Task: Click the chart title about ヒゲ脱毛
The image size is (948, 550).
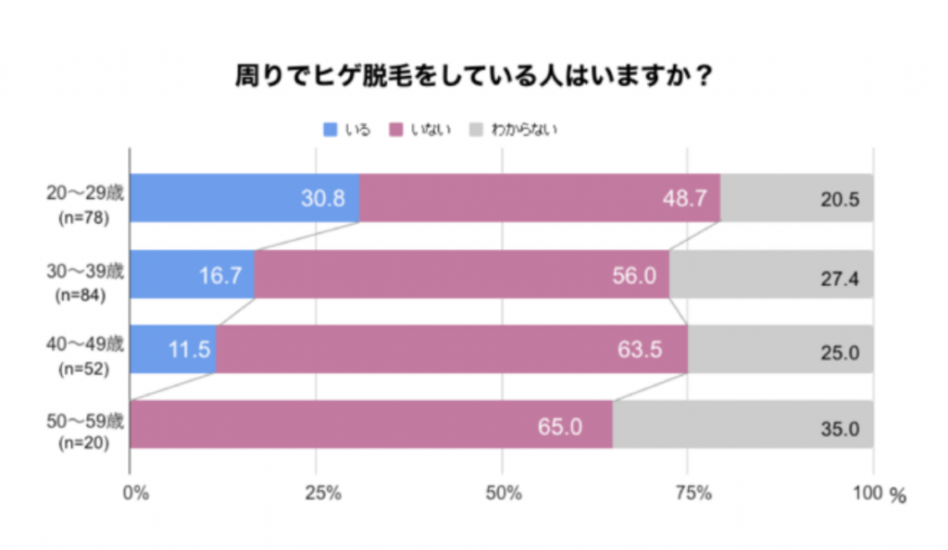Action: [474, 75]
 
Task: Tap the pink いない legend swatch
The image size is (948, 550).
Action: [395, 130]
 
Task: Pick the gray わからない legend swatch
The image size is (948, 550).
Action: [479, 130]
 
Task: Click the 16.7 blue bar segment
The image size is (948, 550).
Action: [192, 274]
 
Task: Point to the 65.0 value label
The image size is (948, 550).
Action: [561, 426]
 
